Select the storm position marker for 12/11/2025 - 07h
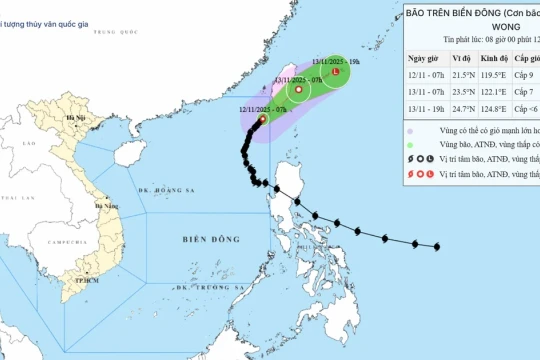tap(262, 118)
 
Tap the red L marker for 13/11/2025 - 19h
tap(335, 72)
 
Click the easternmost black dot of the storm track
tap(437, 246)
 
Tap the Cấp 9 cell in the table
tap(526, 73)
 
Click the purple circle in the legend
tap(410, 131)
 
